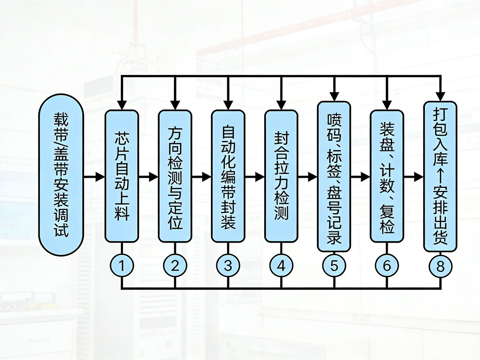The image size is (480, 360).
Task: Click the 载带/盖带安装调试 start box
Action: coord(61,176)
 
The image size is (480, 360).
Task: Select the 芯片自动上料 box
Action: coord(122,176)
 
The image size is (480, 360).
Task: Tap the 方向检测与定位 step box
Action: coord(175,176)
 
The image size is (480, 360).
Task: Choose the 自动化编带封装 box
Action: coord(228,176)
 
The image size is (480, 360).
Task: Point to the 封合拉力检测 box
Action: coord(281,176)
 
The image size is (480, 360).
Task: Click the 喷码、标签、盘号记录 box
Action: coord(334,176)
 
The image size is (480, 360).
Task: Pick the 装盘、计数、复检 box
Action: coord(387,176)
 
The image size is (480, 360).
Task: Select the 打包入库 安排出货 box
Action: coord(440,176)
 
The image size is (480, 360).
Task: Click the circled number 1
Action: coord(122,266)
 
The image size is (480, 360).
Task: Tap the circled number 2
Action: coord(175,266)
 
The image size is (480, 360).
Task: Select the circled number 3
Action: coord(228,266)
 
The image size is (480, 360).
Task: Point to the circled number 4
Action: coord(281,266)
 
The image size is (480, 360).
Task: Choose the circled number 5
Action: coord(334,266)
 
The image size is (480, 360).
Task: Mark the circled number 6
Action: coord(387,266)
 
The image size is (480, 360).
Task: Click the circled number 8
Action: coord(440,266)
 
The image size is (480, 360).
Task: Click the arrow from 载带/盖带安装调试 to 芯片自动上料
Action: coord(94,176)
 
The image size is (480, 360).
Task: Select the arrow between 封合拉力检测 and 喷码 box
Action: coord(308,176)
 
